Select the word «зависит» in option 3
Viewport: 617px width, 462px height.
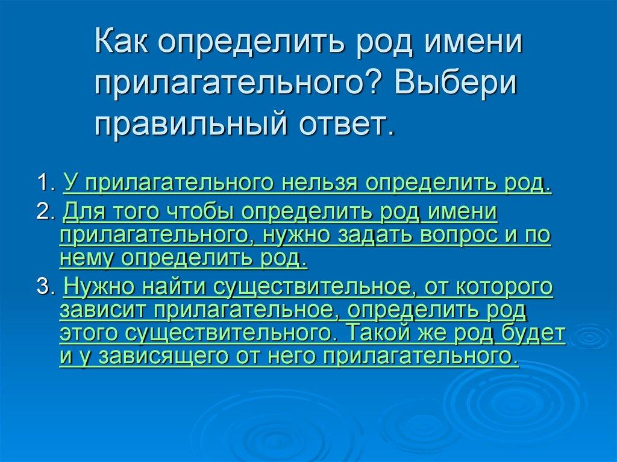102,310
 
